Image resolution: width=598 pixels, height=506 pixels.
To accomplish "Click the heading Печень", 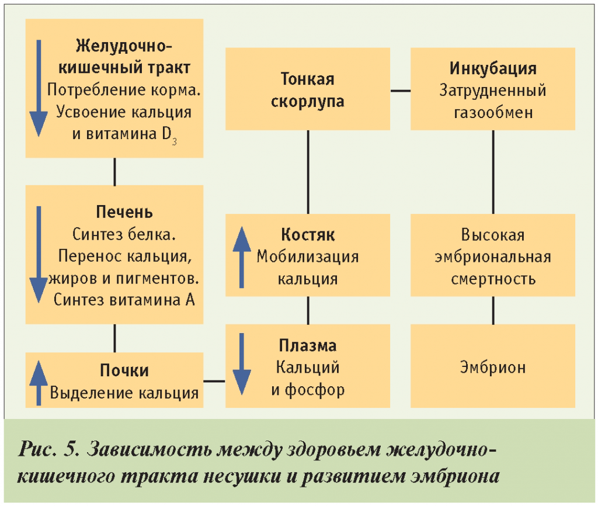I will [124, 211].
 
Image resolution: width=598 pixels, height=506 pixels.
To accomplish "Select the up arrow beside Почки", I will [38, 382].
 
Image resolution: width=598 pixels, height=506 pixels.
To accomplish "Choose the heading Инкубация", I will [493, 68].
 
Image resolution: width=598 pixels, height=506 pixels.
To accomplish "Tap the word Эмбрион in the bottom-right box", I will [492, 367].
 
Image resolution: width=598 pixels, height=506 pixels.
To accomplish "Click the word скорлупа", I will [307, 100].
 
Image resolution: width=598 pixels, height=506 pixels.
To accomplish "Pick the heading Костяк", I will [307, 235].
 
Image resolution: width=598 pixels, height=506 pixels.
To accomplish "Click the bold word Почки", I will [124, 370].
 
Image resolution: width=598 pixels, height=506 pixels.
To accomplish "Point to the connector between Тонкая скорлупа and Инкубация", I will [400, 91].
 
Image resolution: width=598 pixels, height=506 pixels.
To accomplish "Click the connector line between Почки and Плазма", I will [214, 382].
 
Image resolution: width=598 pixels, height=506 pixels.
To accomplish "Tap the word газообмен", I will [493, 112].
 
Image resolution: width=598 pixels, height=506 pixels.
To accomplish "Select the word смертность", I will [493, 279].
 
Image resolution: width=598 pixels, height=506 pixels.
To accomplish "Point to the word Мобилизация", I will [307, 257].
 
